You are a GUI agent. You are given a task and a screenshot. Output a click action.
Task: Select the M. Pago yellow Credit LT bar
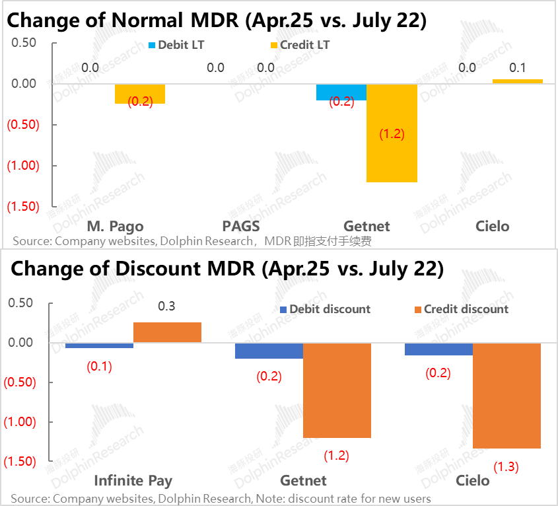pyautogui.click(x=140, y=94)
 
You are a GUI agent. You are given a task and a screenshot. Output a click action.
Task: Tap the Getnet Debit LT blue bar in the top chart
pyautogui.click(x=341, y=92)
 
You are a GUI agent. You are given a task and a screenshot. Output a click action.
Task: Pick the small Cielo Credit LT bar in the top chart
pyautogui.click(x=518, y=81)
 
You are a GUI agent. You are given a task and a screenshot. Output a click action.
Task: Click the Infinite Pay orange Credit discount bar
pyautogui.click(x=167, y=332)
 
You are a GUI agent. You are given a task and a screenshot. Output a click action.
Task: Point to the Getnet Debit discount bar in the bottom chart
pyautogui.click(x=269, y=351)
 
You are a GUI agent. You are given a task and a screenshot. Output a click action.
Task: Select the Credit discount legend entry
pyautogui.click(x=460, y=309)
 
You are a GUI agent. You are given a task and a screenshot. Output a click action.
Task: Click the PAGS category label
pyautogui.click(x=241, y=226)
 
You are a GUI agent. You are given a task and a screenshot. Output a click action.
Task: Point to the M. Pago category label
pyautogui.click(x=115, y=226)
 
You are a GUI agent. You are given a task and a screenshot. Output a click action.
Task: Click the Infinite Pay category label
pyautogui.click(x=133, y=480)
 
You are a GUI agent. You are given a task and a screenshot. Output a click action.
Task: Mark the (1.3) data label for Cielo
pyautogui.click(x=506, y=466)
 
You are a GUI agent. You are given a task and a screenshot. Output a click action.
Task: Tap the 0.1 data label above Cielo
pyautogui.click(x=518, y=67)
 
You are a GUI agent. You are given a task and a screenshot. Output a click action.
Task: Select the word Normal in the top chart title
pyautogui.click(x=149, y=20)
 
